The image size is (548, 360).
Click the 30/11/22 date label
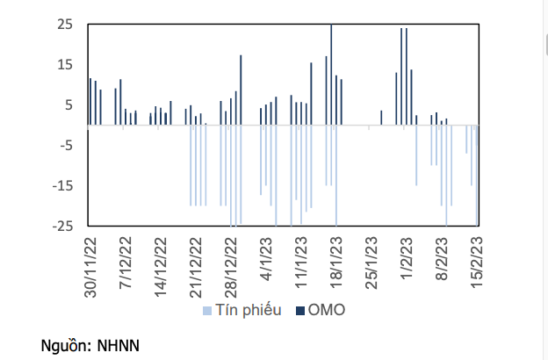click(90, 266)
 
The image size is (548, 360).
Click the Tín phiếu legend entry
click(249, 311)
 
